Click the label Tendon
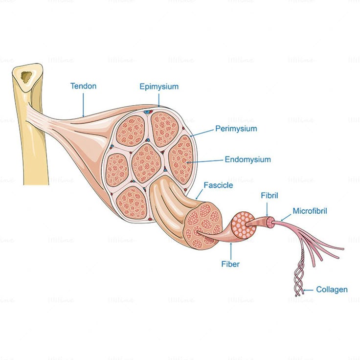[83, 86]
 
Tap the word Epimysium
[159, 87]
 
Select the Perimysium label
[236, 129]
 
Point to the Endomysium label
[247, 159]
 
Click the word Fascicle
[218, 185]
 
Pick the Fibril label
[269, 196]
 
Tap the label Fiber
[230, 264]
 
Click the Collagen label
[332, 290]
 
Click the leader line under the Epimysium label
[159, 99]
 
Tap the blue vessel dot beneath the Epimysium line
[145, 112]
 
